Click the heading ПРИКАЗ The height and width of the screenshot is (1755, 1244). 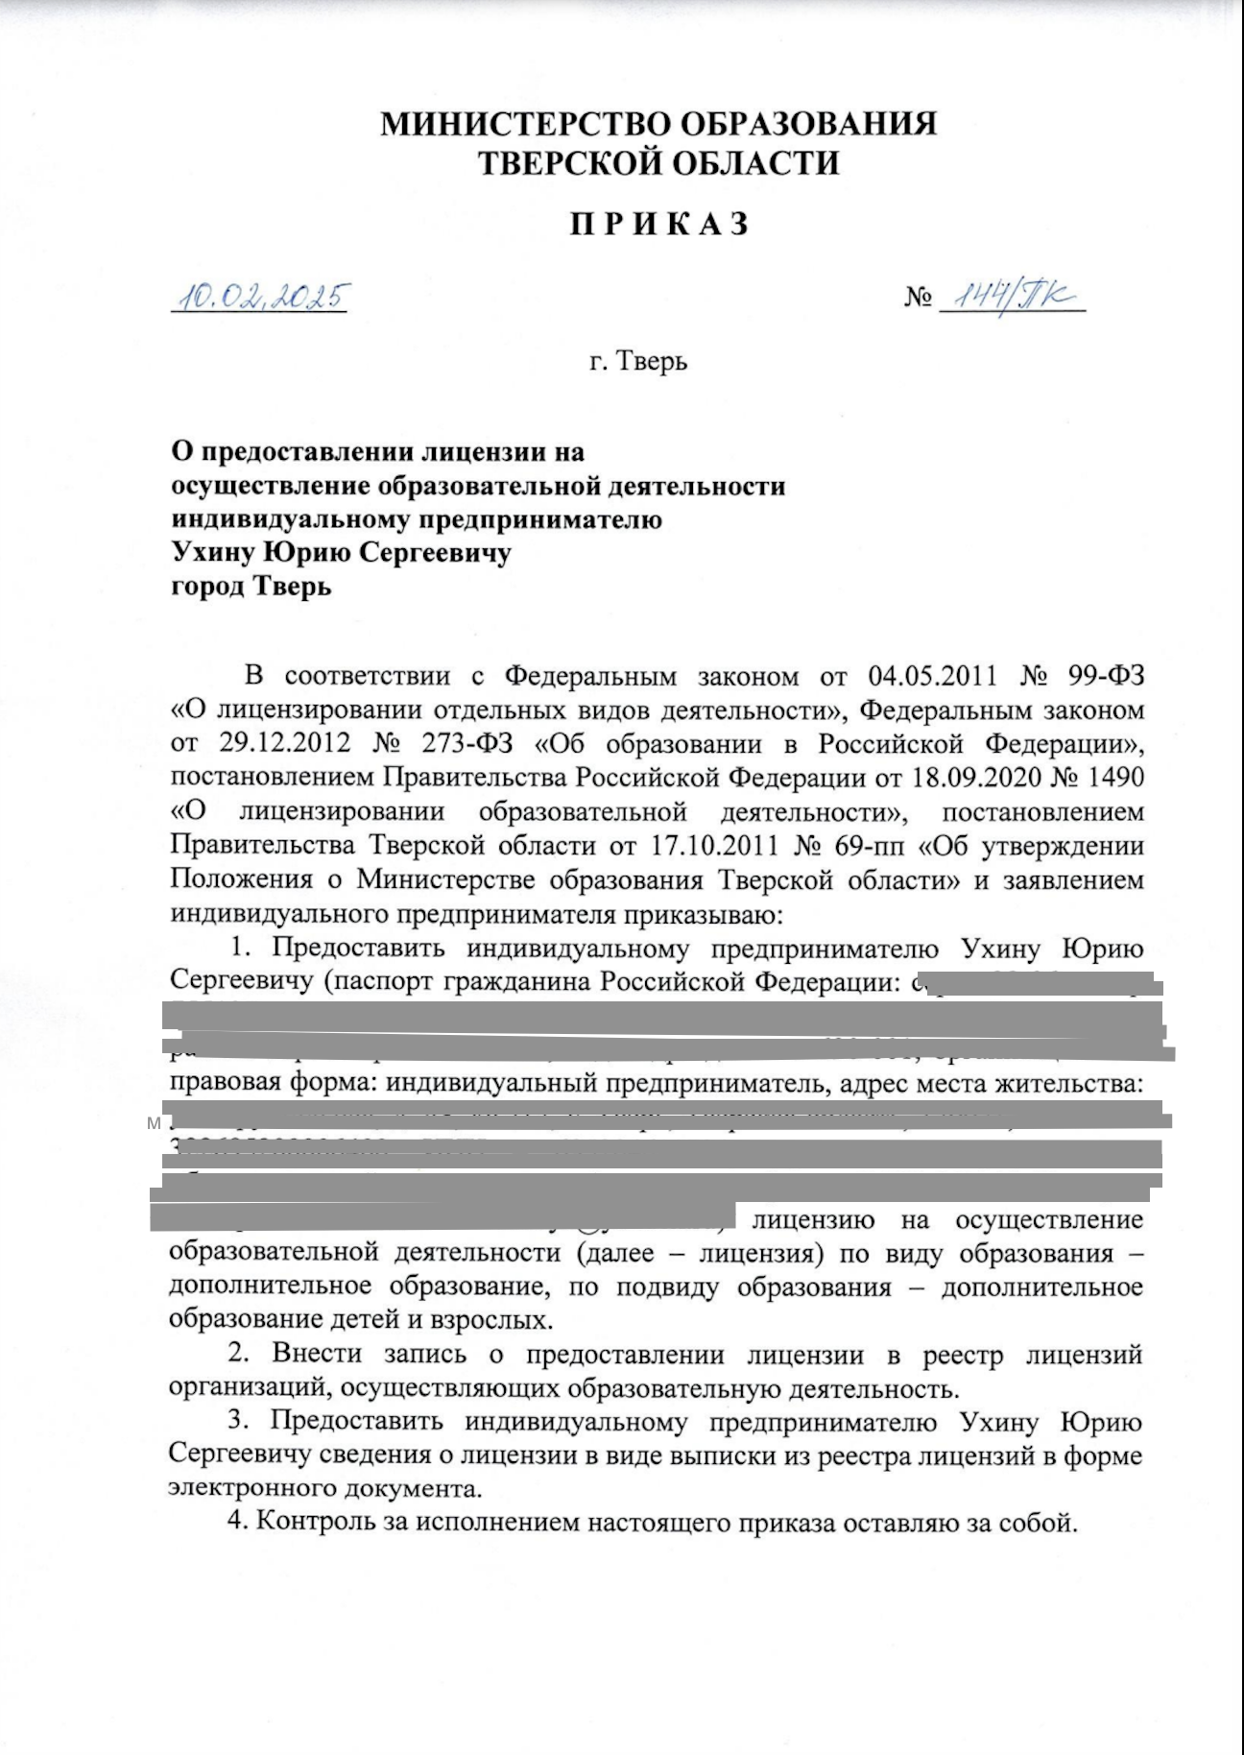pos(658,225)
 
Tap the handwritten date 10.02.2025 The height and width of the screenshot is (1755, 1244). pos(259,298)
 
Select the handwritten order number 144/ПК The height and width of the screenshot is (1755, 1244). pos(1008,297)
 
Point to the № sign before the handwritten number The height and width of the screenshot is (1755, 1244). pos(917,299)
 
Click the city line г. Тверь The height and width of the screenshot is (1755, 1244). pos(638,362)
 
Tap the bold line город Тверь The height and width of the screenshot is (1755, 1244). pos(251,587)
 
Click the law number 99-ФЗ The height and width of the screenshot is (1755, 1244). pos(1106,677)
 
